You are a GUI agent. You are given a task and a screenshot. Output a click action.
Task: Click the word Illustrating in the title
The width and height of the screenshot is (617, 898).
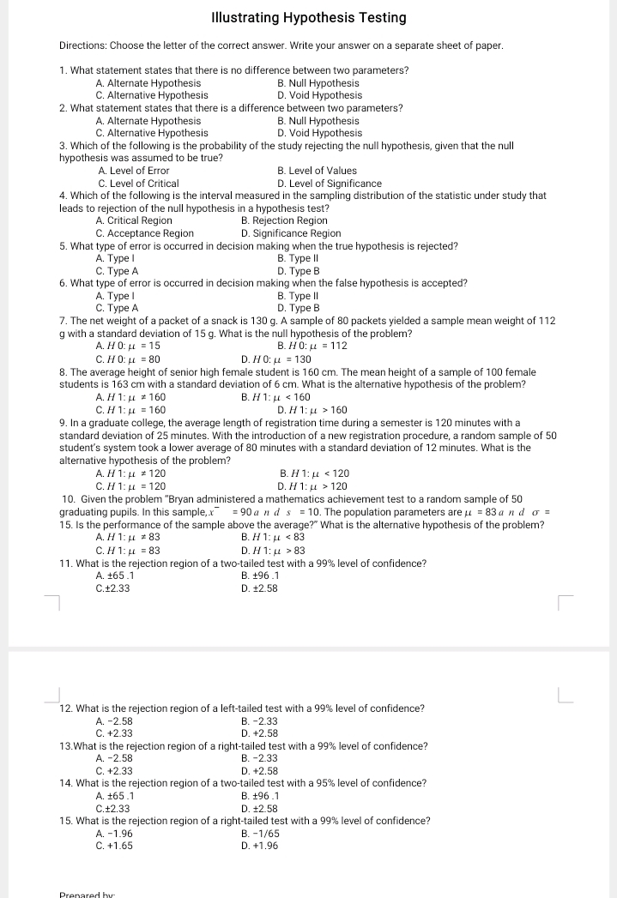245,18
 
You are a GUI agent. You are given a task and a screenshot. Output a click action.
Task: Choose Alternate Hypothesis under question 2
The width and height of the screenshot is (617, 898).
148,121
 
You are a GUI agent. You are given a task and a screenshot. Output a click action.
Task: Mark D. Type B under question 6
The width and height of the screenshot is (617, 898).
298,308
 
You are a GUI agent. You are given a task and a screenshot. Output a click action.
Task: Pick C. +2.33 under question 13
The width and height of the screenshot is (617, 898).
114,771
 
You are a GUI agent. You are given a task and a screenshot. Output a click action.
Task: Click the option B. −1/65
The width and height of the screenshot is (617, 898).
260,834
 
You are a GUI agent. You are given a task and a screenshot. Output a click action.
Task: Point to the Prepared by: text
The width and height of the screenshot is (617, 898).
86,894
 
